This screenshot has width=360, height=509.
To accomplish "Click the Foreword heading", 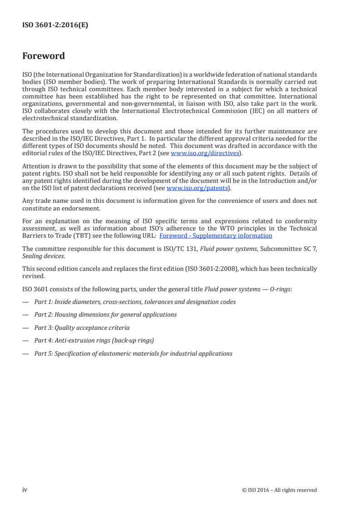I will (x=44, y=56).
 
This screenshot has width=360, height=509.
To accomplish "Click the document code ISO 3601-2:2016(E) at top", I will (x=55, y=25).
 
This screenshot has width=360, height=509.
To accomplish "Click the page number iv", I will (x=25, y=489).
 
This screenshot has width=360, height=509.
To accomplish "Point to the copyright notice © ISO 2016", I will (x=279, y=490).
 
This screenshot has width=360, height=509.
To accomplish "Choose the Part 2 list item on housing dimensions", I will (x=105, y=314).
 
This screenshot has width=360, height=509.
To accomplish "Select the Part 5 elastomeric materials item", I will (x=133, y=353).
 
